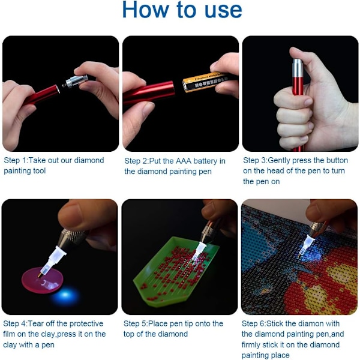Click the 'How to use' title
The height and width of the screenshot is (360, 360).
182,10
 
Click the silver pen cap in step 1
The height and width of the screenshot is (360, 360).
76,81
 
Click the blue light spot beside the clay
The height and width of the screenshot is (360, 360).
65,295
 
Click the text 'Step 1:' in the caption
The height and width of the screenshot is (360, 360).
16,160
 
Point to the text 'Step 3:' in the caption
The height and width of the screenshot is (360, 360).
255,160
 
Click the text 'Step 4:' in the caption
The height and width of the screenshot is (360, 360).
15,324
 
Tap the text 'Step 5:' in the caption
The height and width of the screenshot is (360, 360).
136,324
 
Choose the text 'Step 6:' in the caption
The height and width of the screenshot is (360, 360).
254,324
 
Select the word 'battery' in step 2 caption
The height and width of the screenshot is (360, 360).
205,161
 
